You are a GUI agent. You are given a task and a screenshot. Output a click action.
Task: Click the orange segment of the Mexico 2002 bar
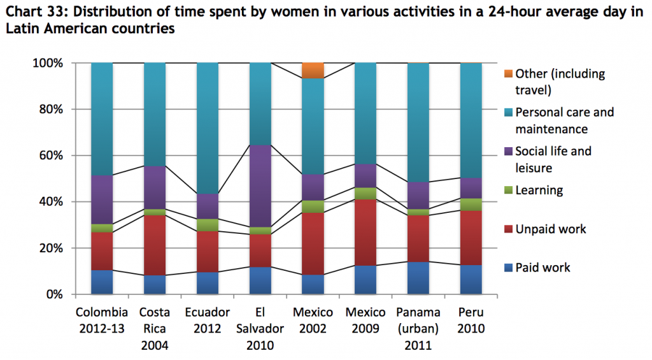[313, 71]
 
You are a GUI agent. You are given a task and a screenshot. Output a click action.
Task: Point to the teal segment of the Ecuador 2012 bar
[208, 128]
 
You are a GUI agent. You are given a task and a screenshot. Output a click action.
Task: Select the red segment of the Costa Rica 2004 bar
[155, 245]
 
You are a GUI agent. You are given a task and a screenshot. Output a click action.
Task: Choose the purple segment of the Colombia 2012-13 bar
[102, 200]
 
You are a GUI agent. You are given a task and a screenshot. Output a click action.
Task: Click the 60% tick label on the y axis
[49, 155]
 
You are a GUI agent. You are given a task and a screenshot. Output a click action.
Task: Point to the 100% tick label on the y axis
[46, 63]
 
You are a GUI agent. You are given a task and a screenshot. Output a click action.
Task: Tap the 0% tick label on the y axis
[52, 294]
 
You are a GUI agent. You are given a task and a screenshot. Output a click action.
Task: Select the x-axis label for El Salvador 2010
[260, 329]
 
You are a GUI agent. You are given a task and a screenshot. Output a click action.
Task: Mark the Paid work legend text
[543, 268]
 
